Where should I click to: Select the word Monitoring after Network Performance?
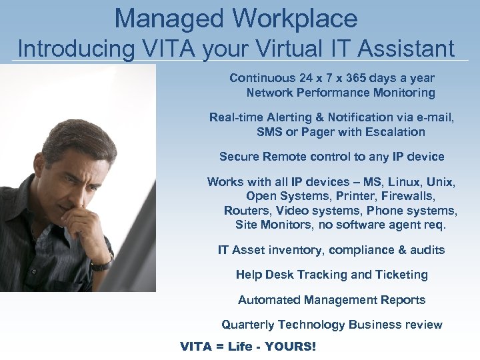tap(402, 93)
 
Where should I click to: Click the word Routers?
tap(245, 211)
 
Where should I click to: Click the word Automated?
tap(265, 300)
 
